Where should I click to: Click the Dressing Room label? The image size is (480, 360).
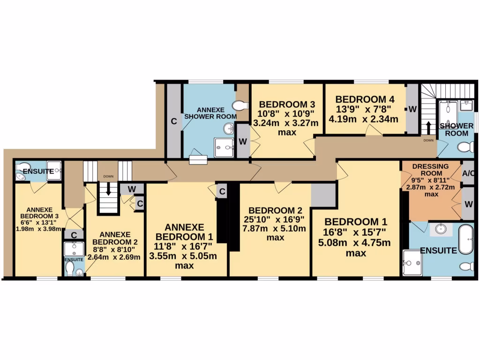pos(430,170)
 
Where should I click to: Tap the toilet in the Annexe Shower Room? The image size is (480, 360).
pos(241,105)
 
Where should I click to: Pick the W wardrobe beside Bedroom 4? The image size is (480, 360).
pos(412,109)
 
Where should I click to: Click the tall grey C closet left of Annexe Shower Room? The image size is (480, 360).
pos(173,121)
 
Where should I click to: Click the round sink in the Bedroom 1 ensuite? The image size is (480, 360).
pos(440,229)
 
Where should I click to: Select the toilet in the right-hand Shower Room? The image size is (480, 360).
pos(466,148)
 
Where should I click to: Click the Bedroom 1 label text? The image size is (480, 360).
pos(356,221)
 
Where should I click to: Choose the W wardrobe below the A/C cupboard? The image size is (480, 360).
pos(468,204)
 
